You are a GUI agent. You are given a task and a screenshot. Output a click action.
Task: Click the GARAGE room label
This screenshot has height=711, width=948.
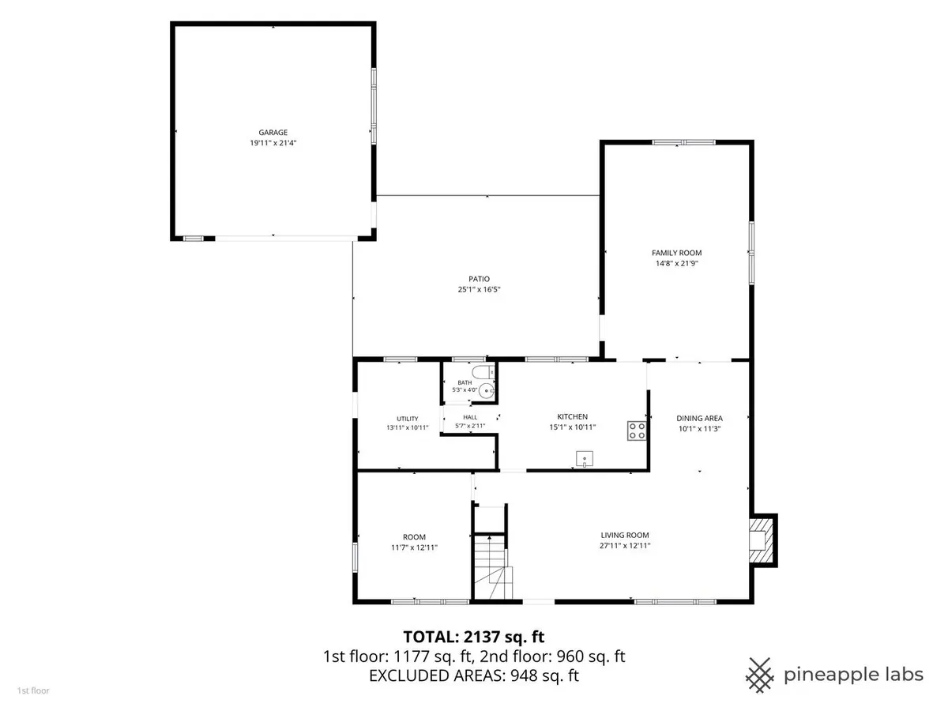click(273, 133)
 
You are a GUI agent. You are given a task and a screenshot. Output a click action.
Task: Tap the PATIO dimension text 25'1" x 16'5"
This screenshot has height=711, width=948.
click(479, 289)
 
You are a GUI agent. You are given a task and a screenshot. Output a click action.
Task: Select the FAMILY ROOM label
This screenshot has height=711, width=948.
click(676, 253)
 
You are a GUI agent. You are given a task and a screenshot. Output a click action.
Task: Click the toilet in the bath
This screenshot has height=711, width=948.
click(483, 371)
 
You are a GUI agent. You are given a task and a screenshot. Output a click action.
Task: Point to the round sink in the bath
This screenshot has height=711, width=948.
click(487, 391)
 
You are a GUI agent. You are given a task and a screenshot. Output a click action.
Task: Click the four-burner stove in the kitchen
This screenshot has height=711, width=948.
click(637, 431)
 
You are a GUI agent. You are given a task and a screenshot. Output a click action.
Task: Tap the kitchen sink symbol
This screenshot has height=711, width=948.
click(585, 459)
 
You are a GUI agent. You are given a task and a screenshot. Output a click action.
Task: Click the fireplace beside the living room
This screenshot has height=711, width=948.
click(762, 540)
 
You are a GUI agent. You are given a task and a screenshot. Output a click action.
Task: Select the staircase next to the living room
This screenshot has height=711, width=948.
click(491, 566)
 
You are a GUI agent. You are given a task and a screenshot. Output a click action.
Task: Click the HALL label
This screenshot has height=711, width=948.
click(470, 417)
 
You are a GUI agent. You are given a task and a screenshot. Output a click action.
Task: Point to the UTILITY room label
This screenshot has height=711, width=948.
click(408, 419)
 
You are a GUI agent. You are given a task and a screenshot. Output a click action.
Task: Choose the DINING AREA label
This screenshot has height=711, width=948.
click(699, 419)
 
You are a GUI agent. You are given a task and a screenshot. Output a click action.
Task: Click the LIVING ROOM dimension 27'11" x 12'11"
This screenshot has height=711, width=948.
click(625, 546)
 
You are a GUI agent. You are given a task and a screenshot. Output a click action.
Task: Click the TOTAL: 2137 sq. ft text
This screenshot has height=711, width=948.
click(474, 637)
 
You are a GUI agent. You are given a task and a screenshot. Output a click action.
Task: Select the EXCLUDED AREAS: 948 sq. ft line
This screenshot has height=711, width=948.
click(474, 675)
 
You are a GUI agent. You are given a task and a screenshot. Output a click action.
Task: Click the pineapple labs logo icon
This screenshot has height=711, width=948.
click(760, 675)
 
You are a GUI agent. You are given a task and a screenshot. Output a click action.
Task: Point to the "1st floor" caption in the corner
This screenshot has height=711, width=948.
click(33, 690)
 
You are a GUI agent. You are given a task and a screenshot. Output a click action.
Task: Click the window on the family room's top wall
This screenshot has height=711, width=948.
click(683, 142)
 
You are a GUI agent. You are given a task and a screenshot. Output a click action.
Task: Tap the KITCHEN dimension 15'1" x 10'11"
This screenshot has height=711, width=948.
click(572, 427)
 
